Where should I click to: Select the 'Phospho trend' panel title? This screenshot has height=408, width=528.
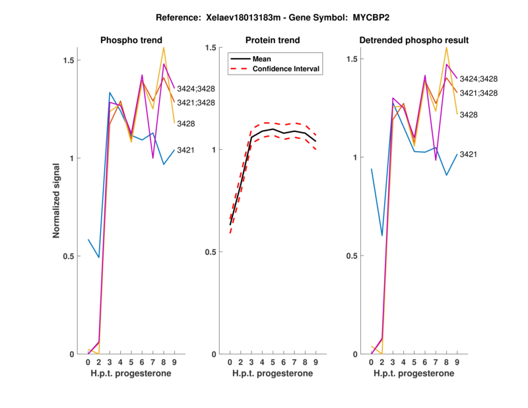coord(131,40)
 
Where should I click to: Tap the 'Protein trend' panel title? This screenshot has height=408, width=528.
coord(273,40)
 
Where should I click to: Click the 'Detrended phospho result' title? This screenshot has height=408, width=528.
coord(414,40)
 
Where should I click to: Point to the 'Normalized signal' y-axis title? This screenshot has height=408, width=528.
coord(57,201)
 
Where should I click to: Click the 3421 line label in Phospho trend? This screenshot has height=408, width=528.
coord(185,150)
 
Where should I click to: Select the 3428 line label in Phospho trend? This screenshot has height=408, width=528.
coord(185,123)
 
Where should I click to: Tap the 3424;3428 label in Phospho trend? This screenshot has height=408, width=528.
coord(196,88)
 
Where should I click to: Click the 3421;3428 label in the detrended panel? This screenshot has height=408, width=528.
coord(478,93)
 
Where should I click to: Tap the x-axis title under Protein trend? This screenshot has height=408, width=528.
coord(273,374)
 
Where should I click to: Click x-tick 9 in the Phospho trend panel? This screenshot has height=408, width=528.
coord(174,362)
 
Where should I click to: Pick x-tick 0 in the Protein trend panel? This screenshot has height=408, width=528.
coord(230,362)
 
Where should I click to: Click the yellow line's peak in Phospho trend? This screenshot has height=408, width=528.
coord(164,48)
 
